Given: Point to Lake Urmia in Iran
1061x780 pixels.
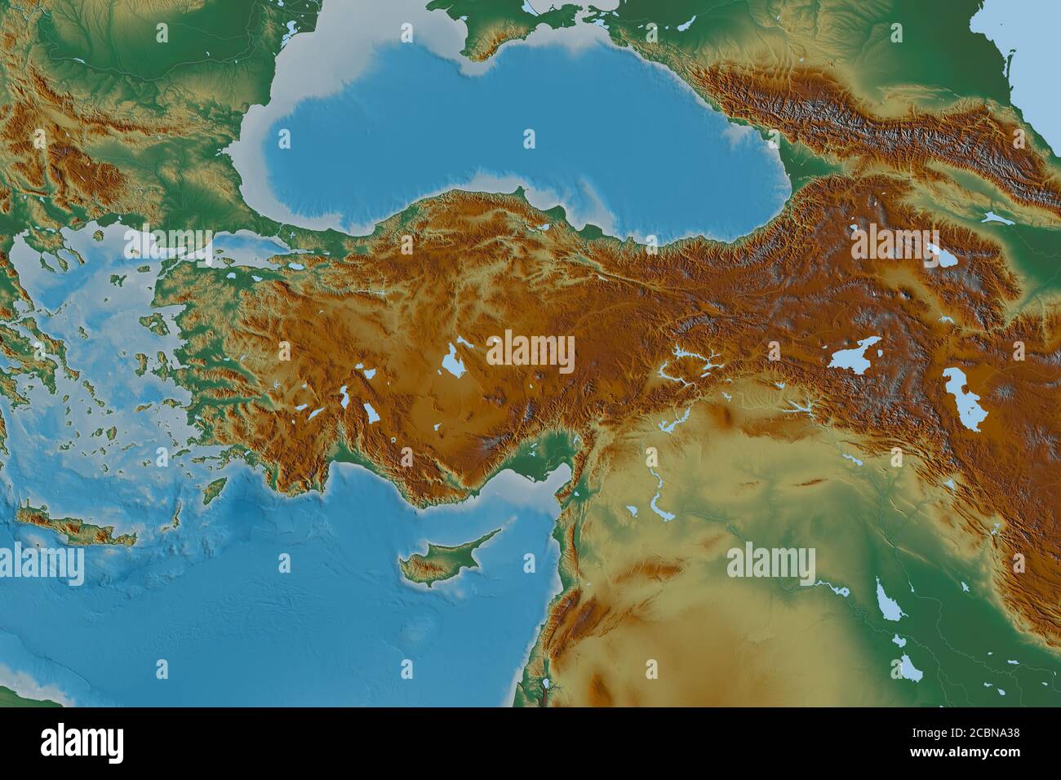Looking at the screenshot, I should (x=963, y=398).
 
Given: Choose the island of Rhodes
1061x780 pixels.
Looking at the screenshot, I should (x=214, y=490).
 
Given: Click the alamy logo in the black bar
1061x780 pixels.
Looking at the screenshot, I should (x=82, y=742).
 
